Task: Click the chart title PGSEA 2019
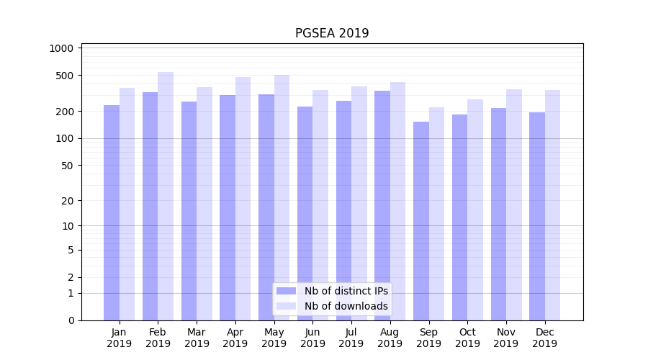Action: (332, 33)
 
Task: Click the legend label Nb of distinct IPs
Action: (346, 291)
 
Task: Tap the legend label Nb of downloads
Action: (346, 306)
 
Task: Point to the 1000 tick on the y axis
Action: (62, 48)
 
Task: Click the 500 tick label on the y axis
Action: (65, 76)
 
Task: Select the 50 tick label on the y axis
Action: (68, 166)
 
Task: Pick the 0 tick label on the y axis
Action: (71, 320)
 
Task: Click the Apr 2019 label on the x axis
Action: (235, 338)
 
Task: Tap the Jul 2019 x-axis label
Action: (351, 338)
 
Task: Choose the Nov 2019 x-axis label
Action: (506, 338)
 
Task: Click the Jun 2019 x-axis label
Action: (312, 338)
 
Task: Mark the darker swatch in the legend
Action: (287, 291)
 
